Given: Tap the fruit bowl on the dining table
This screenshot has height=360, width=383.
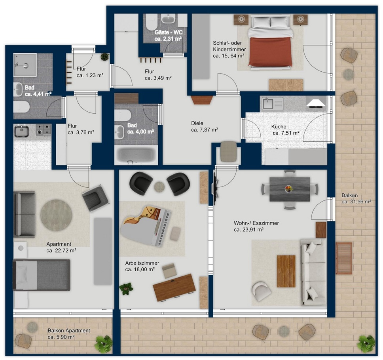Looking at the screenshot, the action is coord(289,189).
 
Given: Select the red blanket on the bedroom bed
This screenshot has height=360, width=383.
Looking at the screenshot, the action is coord(270,52).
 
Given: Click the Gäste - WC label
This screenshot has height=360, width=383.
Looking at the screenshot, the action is coord(169,32).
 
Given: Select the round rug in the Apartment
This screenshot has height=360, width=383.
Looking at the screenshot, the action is coord(56,215).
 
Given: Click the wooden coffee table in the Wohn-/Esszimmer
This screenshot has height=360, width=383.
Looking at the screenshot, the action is coord(286,271).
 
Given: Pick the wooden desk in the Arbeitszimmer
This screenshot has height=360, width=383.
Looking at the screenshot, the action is coord(174,288).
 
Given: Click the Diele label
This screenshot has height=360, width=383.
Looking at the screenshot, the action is coord(197,123).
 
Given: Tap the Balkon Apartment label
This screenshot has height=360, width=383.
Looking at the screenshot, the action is coord(69,330).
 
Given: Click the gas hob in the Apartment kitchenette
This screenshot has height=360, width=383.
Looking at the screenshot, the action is coord(44,130).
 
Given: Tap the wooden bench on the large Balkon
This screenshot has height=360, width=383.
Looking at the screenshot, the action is coord(344,258).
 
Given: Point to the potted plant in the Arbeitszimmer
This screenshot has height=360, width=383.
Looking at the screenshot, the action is coord(126,289).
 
